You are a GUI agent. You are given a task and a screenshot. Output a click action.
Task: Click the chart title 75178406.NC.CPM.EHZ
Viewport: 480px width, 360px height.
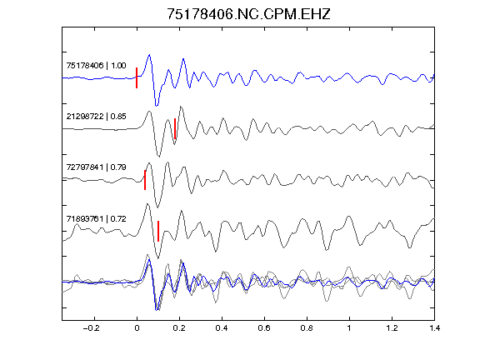[248, 14]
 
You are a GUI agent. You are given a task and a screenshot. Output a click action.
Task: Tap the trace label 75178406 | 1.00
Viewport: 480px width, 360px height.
[96, 66]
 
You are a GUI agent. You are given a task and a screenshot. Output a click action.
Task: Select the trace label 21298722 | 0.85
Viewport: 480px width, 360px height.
[96, 117]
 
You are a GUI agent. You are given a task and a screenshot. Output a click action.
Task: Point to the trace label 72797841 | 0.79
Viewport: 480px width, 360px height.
[96, 167]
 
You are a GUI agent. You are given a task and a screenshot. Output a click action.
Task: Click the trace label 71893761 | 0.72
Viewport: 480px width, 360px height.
[96, 219]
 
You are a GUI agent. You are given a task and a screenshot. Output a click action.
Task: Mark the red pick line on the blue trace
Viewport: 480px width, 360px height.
[137, 78]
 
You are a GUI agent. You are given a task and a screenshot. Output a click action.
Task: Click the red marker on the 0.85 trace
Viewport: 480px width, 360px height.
[175, 128]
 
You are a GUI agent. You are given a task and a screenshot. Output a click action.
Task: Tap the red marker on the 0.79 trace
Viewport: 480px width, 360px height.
[145, 180]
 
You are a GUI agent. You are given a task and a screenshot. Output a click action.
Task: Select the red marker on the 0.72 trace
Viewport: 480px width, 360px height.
[158, 231]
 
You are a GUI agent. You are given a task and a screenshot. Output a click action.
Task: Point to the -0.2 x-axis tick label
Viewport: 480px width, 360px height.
[91, 328]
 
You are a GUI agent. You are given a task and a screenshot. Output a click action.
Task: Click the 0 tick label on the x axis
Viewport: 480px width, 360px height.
[137, 328]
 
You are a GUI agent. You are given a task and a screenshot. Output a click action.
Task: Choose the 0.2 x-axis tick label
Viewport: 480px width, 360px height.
[179, 328]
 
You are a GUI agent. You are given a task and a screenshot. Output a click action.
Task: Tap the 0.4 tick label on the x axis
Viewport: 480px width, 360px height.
[222, 328]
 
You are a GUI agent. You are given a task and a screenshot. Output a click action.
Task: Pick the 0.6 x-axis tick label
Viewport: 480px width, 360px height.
[264, 328]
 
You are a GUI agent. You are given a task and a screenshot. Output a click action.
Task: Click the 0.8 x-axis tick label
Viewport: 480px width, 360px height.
[307, 328]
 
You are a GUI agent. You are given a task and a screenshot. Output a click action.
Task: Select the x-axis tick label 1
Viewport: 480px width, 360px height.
[349, 328]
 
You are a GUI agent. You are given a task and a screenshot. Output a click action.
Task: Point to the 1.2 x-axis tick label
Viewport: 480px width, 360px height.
[392, 328]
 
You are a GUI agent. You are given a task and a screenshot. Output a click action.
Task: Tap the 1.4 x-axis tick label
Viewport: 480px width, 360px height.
[434, 328]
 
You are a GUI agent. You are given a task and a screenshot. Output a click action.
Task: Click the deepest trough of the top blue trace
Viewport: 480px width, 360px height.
[157, 106]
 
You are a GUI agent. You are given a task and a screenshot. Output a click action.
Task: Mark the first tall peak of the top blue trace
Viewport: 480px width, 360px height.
[149, 55]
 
